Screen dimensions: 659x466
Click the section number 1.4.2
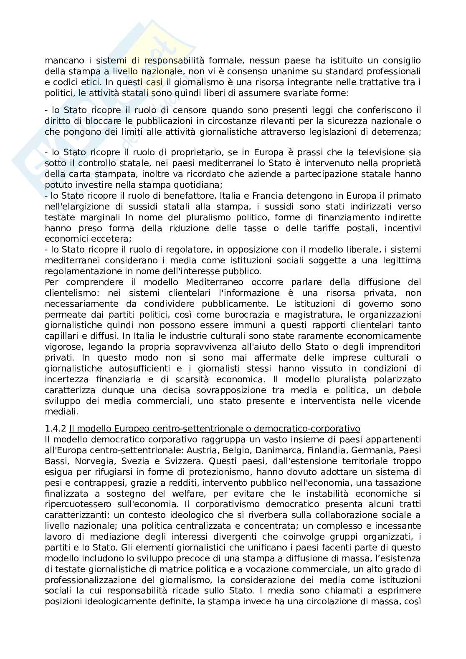pos(56,429)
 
